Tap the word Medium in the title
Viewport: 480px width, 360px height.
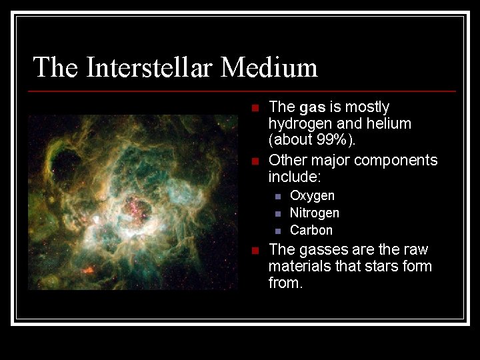point(269,67)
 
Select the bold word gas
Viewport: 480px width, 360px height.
point(313,107)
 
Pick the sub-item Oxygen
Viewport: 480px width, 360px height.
point(312,196)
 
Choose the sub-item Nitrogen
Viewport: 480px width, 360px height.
point(315,213)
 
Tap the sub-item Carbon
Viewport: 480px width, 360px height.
point(311,231)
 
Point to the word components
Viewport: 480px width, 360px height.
point(396,161)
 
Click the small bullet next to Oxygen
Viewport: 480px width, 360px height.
point(278,197)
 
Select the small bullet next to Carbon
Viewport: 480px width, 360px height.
point(278,231)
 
